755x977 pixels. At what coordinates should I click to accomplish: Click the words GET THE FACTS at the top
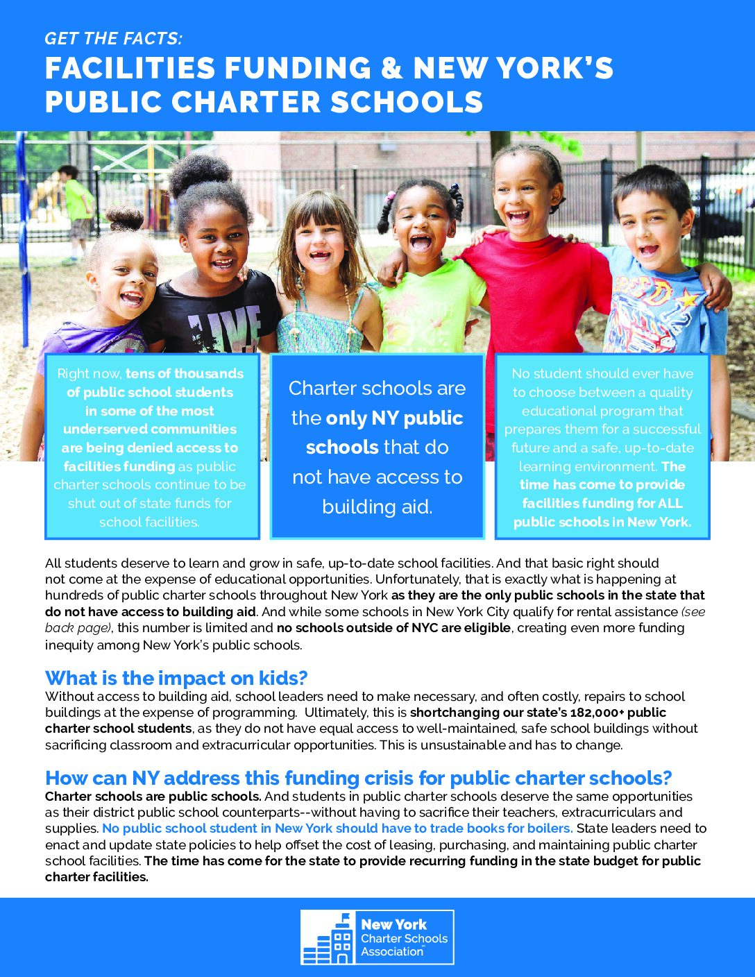click(x=114, y=39)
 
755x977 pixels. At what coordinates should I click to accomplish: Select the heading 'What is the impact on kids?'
click(x=176, y=678)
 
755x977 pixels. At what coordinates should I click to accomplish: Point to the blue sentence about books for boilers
click(x=337, y=829)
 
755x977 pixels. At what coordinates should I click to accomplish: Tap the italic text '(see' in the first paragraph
click(x=693, y=611)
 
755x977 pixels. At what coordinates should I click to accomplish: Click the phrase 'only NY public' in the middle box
click(x=394, y=418)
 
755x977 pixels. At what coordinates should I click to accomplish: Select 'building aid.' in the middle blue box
click(x=377, y=507)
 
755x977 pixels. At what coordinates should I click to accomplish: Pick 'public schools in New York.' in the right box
click(x=602, y=523)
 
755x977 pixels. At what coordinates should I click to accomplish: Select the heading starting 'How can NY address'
click(x=358, y=778)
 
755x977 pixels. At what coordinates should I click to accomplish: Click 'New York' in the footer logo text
click(x=393, y=924)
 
